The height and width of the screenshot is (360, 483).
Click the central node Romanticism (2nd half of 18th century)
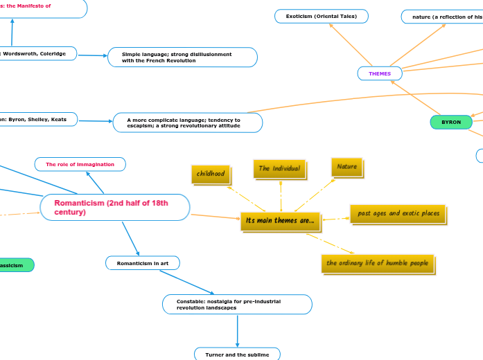114,207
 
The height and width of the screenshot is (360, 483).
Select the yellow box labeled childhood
211,174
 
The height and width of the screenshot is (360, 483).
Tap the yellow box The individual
279,168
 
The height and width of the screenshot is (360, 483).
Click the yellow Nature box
346,167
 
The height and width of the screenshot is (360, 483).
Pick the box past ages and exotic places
398,214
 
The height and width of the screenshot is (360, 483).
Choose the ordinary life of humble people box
378,263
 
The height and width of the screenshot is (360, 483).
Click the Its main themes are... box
280,221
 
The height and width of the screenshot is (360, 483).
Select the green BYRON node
451,122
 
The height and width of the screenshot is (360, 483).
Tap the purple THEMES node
380,73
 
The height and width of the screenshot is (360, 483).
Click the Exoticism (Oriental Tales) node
321,16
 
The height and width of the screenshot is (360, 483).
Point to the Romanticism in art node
142,263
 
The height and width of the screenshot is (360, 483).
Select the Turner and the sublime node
237,354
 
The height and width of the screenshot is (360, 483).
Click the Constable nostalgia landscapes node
236,304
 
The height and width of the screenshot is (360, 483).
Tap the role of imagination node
80,164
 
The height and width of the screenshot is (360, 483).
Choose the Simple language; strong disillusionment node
182,57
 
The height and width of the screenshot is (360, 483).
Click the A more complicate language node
187,123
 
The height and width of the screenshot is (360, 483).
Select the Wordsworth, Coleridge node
38,53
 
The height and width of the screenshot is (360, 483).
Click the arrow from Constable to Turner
237,331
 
